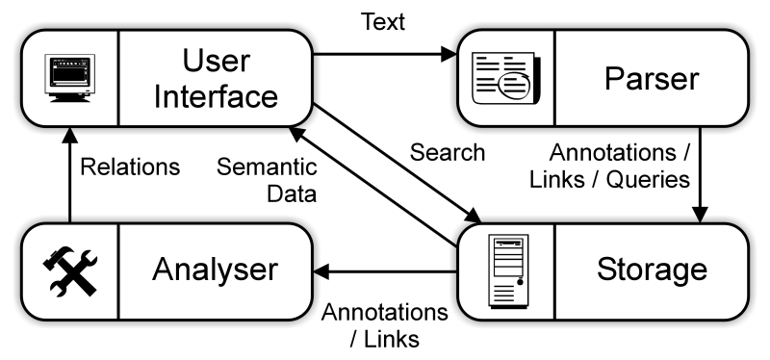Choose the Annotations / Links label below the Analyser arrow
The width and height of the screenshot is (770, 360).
click(385, 325)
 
